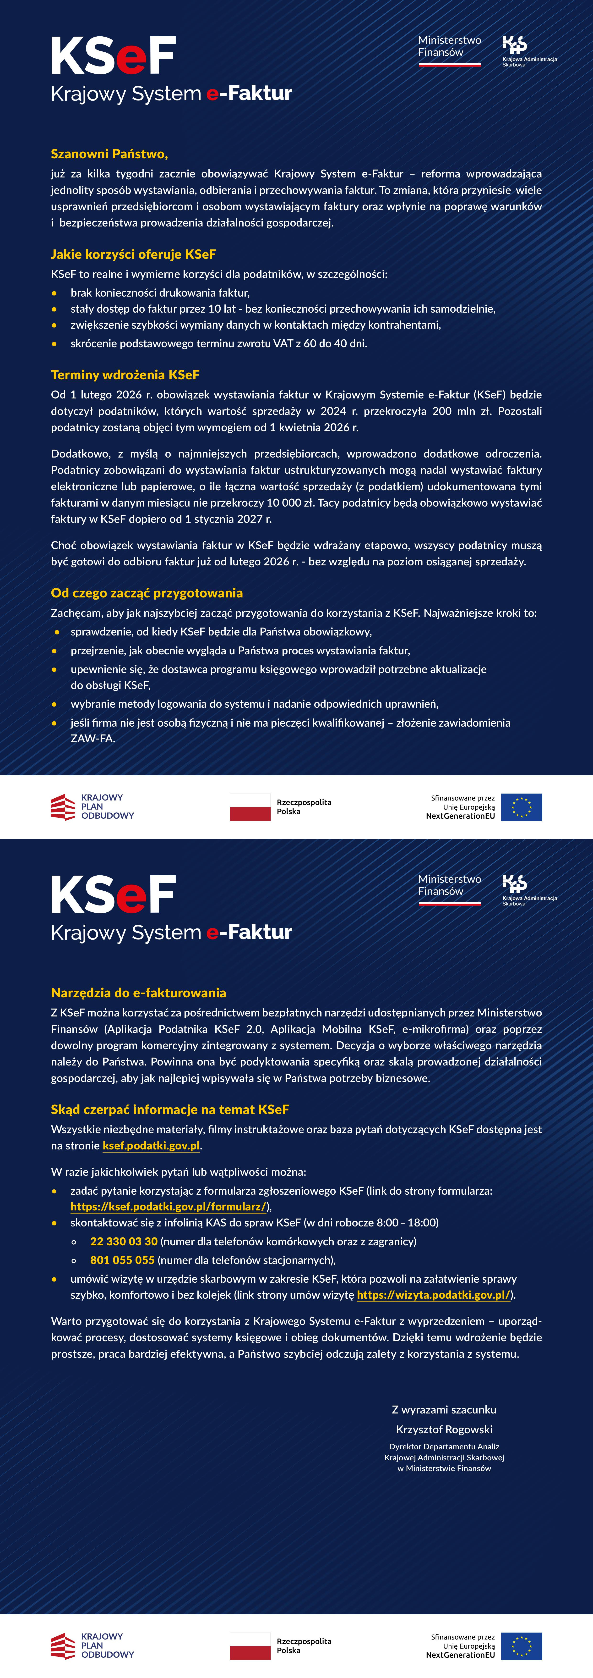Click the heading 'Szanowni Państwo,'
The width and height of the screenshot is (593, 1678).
tap(109, 154)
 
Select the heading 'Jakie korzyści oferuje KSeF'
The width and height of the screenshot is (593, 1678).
tap(133, 254)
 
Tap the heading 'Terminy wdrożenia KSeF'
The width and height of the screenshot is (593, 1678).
tap(125, 375)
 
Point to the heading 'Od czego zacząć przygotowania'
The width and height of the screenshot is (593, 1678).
tap(147, 593)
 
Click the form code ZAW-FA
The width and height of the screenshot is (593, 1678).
tap(92, 738)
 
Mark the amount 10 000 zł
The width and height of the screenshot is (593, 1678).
tap(288, 502)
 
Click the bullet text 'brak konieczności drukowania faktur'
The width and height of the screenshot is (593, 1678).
tap(159, 293)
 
